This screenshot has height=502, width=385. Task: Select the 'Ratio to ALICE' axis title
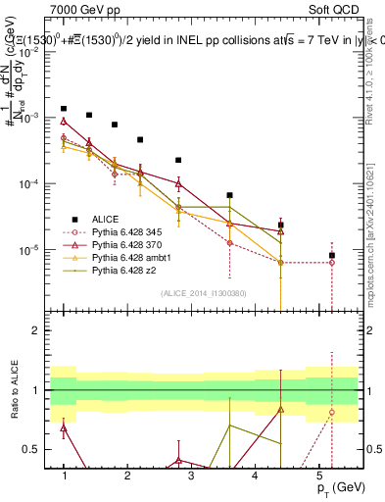[x=16, y=390]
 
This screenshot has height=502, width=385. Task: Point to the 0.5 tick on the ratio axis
[x=34, y=449]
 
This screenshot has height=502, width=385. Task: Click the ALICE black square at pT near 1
[x=64, y=109]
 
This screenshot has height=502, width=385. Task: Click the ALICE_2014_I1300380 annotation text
[x=202, y=293]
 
